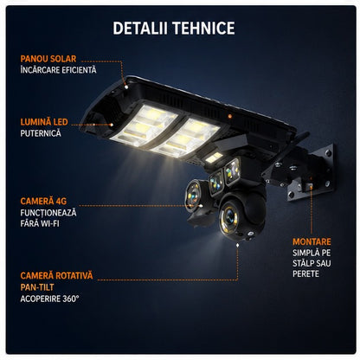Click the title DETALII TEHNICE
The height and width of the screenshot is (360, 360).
tap(174, 28)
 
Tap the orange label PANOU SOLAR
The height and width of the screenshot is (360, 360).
tap(48, 59)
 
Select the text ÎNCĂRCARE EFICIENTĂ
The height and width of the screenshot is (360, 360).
tap(58, 70)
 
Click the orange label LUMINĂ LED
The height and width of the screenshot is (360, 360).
tap(44, 122)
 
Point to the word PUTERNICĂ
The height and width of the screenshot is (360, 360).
tap(41, 133)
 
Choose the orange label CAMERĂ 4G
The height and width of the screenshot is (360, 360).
tap(43, 201)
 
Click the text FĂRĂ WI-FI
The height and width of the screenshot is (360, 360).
tap(40, 223)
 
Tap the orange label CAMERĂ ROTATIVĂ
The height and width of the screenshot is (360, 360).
tap(56, 275)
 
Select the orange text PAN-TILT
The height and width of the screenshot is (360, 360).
tap(37, 287)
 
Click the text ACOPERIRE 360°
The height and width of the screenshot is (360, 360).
tap(49, 299)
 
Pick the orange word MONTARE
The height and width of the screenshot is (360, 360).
tap(312, 241)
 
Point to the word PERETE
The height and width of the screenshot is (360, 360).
tap(305, 273)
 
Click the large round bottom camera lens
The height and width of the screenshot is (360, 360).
tap(229, 215)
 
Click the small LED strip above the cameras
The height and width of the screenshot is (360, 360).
tap(215, 157)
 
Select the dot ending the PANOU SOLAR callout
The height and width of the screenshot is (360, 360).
tap(126, 87)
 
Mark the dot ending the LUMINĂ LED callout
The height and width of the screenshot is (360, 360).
tap(112, 125)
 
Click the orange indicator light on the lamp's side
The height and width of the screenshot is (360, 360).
tap(230, 116)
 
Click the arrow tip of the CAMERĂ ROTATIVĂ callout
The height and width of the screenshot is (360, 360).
tap(237, 245)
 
